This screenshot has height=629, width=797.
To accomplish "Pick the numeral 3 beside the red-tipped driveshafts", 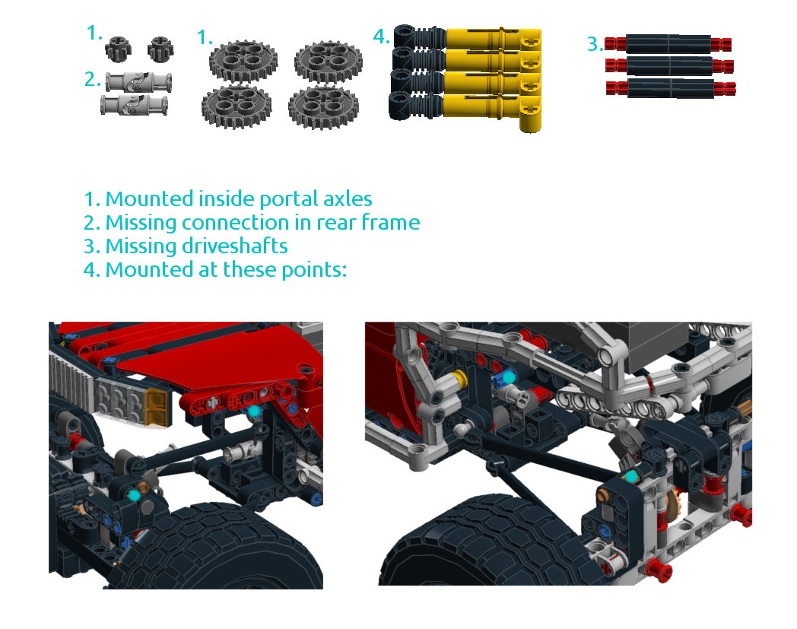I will (593, 44).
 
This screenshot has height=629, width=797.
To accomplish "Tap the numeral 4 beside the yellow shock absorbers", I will (381, 36).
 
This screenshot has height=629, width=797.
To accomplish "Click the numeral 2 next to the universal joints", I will (93, 78).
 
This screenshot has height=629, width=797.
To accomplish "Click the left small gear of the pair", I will (119, 49).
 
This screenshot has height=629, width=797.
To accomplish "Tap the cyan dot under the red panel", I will (254, 411).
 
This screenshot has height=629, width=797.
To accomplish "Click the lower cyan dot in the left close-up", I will (135, 494).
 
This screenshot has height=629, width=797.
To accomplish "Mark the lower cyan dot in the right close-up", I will (630, 477).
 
